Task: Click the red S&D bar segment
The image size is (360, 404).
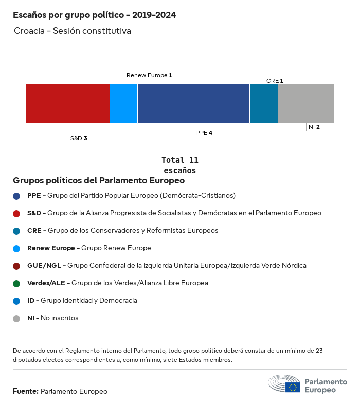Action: coord(67,104)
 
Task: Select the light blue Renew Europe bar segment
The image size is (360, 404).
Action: coord(123,104)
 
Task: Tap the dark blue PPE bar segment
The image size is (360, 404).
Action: coord(193,104)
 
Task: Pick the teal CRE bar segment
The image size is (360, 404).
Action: coord(264,104)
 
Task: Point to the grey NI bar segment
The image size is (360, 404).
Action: coord(306,104)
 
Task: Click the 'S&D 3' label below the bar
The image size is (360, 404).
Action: coord(79,138)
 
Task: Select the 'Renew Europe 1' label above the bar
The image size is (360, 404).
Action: coord(149,75)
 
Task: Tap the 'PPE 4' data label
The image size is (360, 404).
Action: coord(204,133)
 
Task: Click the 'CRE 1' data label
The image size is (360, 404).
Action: coord(275,81)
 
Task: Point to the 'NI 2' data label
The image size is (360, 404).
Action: coord(314,127)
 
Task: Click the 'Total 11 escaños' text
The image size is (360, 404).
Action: coord(179,165)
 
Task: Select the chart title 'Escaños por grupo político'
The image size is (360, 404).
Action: coord(94,15)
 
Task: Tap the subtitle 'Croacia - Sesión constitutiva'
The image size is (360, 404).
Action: coord(73,31)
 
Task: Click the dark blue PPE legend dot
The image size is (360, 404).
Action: coord(16,196)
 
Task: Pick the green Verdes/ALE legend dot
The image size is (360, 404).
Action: coord(16,283)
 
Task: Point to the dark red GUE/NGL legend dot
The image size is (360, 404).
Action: coord(16,266)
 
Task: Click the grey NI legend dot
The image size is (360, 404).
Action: coord(16,318)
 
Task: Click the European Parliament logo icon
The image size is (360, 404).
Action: coord(284,384)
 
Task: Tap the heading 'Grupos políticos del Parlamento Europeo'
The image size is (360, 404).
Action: coord(99,181)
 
